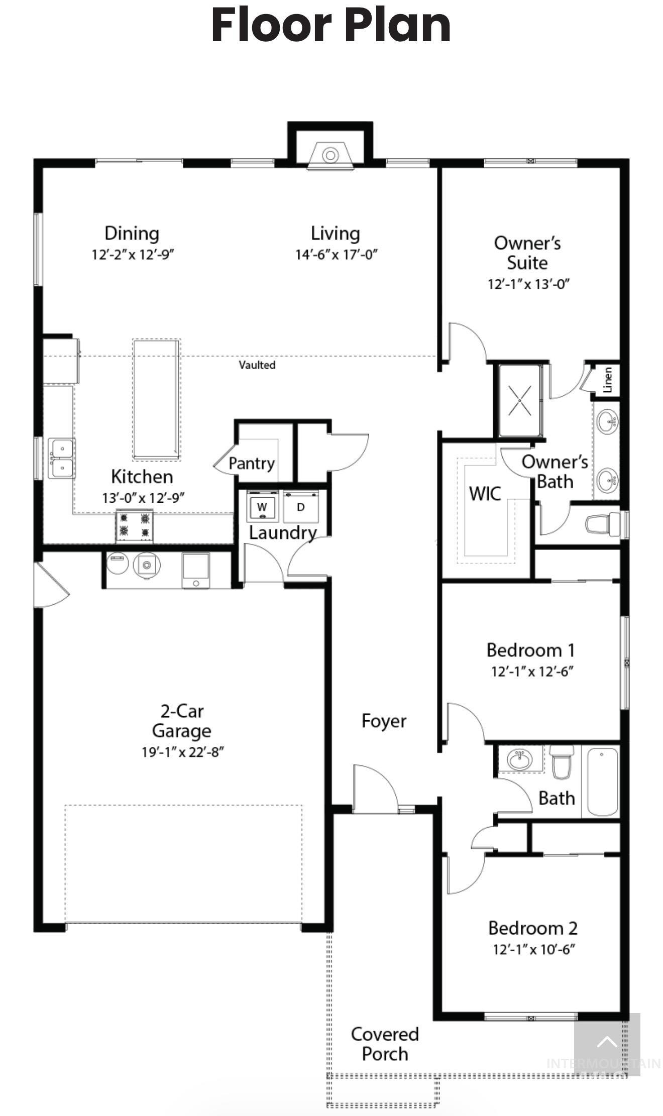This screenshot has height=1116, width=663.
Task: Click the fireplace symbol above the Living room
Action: point(330,155)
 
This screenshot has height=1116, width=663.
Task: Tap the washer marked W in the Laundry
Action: point(262,507)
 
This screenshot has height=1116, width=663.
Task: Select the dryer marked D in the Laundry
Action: point(301,507)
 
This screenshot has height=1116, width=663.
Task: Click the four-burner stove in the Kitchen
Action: point(134,525)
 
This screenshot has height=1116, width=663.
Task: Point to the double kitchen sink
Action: point(62,458)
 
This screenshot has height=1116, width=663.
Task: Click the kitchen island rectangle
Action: point(156,399)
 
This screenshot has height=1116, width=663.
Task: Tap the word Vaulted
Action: point(257,365)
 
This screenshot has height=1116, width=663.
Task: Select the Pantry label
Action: point(251,463)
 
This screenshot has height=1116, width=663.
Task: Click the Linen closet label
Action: point(608,380)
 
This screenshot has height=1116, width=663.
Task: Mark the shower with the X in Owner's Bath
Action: point(519,400)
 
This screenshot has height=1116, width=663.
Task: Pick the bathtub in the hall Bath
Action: point(602,782)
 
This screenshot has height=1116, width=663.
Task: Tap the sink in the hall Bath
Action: point(520,760)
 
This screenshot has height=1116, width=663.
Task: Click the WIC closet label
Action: point(485,494)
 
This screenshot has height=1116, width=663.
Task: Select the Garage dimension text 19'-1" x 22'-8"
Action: point(182,752)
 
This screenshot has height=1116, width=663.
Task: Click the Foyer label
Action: point(384,721)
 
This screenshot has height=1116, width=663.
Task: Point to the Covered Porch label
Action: point(385,1044)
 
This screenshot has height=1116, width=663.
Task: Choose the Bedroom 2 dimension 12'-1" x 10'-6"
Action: point(533,949)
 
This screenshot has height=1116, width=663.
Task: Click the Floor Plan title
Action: point(331,26)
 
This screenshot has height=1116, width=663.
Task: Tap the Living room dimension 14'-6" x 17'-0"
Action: point(336,255)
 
